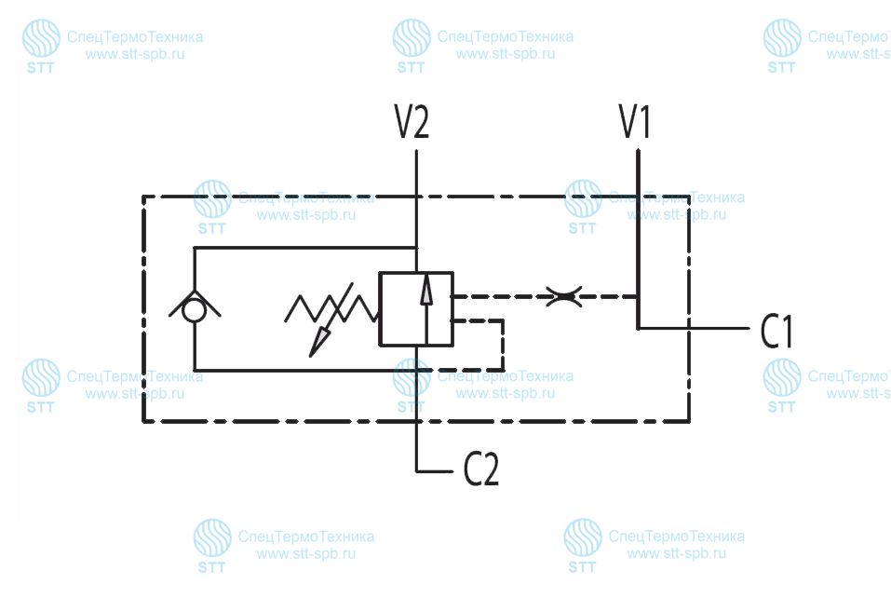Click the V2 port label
pos(412,121)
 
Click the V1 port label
pos(635,121)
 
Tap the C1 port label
pos(776,332)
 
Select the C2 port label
pos(481,469)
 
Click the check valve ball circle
pos(195,311)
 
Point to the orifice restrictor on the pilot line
pos(563,297)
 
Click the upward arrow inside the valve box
pos(425,310)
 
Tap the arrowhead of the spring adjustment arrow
pos(318,344)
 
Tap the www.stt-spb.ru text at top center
pos(506,55)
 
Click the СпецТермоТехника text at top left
pos(135,37)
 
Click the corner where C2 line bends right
pos(417,471)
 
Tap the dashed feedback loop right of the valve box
pos(503,345)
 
